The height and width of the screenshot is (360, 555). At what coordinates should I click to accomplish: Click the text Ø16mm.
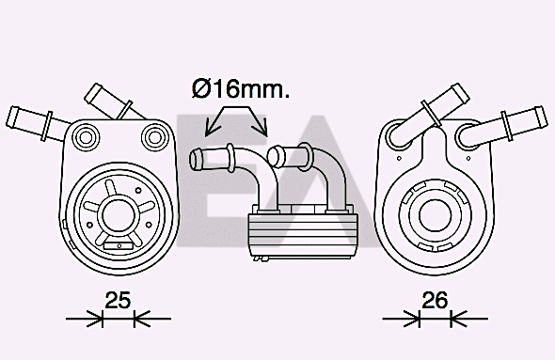[241, 89]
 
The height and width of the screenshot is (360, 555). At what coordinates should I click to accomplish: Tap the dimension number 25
[117, 301]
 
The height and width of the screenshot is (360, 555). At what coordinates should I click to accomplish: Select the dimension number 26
[434, 301]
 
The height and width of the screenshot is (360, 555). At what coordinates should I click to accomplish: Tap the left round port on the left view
[86, 137]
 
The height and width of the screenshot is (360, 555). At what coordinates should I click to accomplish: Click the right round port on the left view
[152, 138]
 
